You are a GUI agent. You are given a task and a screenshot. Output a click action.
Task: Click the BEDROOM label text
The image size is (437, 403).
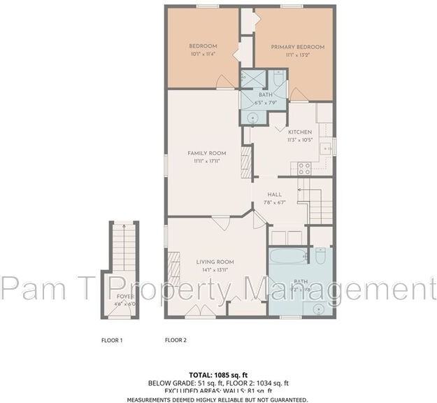(x=203, y=47)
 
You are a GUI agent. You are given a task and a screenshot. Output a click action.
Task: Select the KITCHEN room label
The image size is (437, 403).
(x=299, y=132)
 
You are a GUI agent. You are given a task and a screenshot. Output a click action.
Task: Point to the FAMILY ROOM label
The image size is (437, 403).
(x=207, y=153)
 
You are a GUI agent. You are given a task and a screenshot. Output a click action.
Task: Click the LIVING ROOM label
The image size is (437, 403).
(x=214, y=262)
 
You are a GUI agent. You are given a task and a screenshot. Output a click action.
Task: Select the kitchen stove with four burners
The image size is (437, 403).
(x=305, y=168)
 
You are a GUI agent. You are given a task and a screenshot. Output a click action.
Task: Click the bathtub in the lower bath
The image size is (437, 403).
(x=287, y=256)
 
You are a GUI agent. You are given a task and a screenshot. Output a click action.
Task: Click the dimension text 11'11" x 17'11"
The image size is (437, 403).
(x=207, y=161)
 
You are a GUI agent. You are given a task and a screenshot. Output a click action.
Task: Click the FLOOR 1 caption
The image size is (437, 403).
(x=112, y=340)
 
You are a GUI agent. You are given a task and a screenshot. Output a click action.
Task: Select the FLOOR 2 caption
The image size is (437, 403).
(x=175, y=340)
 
